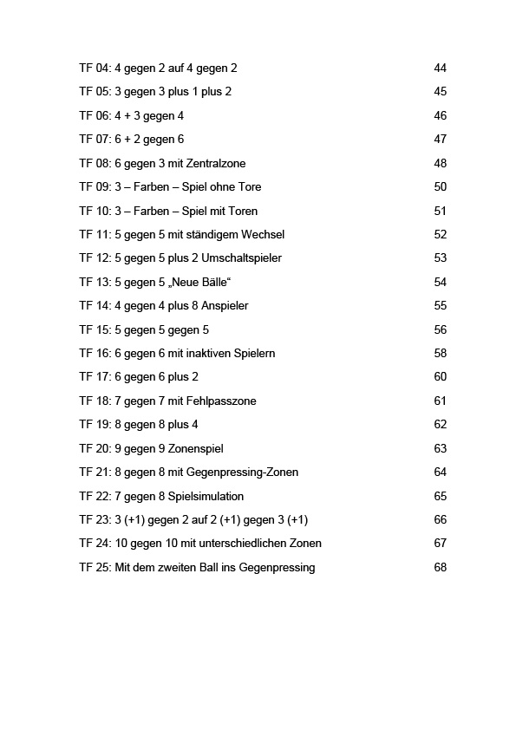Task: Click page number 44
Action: click(x=440, y=68)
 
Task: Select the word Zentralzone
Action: click(x=228, y=163)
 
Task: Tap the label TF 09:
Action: click(x=95, y=186)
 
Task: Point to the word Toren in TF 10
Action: click(x=242, y=211)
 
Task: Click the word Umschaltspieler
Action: click(x=241, y=257)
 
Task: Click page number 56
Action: click(x=440, y=329)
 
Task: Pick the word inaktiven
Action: click(x=209, y=353)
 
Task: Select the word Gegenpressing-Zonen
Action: click(x=243, y=473)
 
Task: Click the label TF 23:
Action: click(x=95, y=520)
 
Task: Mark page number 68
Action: click(x=440, y=568)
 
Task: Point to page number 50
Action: click(x=440, y=186)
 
